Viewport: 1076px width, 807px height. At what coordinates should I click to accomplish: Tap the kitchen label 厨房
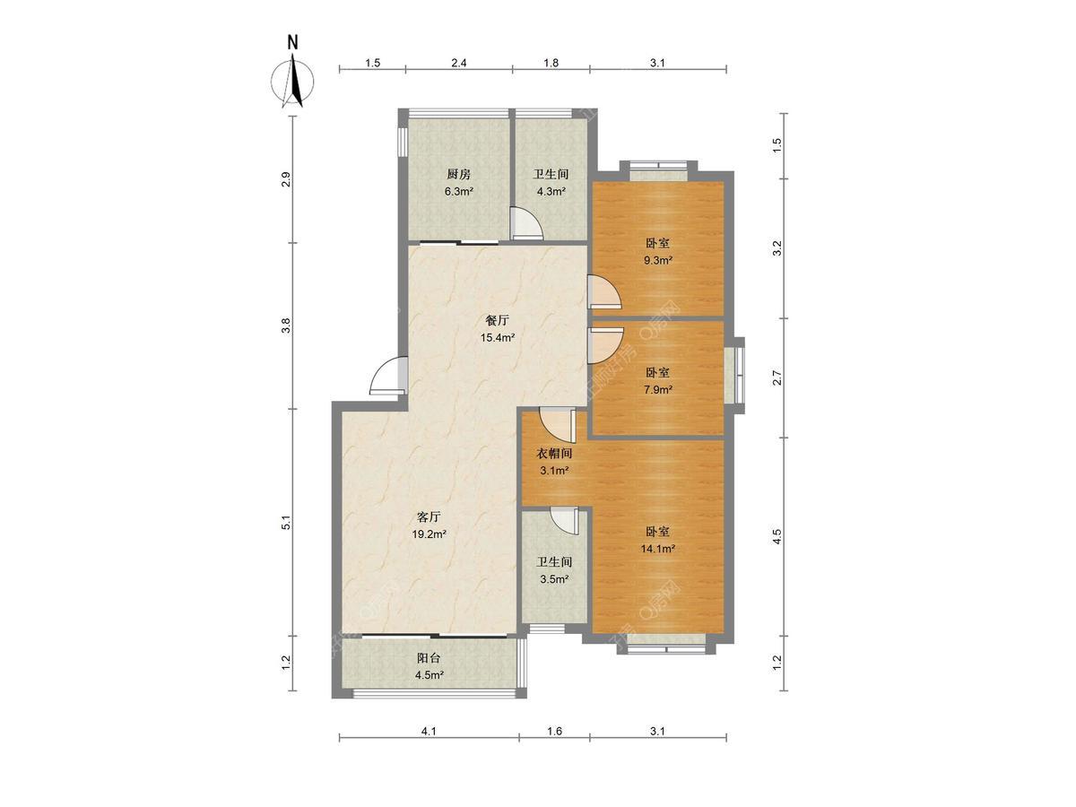(458, 174)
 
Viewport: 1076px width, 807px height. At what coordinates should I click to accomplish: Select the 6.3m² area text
(458, 192)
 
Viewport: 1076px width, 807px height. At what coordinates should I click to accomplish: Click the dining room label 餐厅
(497, 320)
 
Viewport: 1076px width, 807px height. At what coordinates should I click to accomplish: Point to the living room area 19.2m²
(429, 534)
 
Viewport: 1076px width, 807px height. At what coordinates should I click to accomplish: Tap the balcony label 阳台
(429, 657)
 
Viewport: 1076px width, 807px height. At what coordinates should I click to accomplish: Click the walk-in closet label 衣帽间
(554, 453)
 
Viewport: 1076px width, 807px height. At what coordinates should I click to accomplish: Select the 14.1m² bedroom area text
(657, 549)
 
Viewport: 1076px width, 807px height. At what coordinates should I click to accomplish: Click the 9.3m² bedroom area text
(657, 260)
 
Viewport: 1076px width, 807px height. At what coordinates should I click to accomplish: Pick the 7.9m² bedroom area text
(657, 389)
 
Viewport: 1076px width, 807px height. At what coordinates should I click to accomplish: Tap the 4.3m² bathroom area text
(551, 192)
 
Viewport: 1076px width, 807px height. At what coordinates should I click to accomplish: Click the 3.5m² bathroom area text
(554, 579)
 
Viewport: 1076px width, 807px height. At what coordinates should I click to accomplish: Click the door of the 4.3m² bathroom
(526, 223)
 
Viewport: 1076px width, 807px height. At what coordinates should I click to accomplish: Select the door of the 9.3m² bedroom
(604, 292)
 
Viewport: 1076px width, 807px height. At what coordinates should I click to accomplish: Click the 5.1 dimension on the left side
(287, 523)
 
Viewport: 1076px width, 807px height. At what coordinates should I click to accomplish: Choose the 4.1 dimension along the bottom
(429, 745)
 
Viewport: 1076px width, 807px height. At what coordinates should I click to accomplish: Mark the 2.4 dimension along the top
(459, 63)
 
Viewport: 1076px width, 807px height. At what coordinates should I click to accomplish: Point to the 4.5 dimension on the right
(776, 536)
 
